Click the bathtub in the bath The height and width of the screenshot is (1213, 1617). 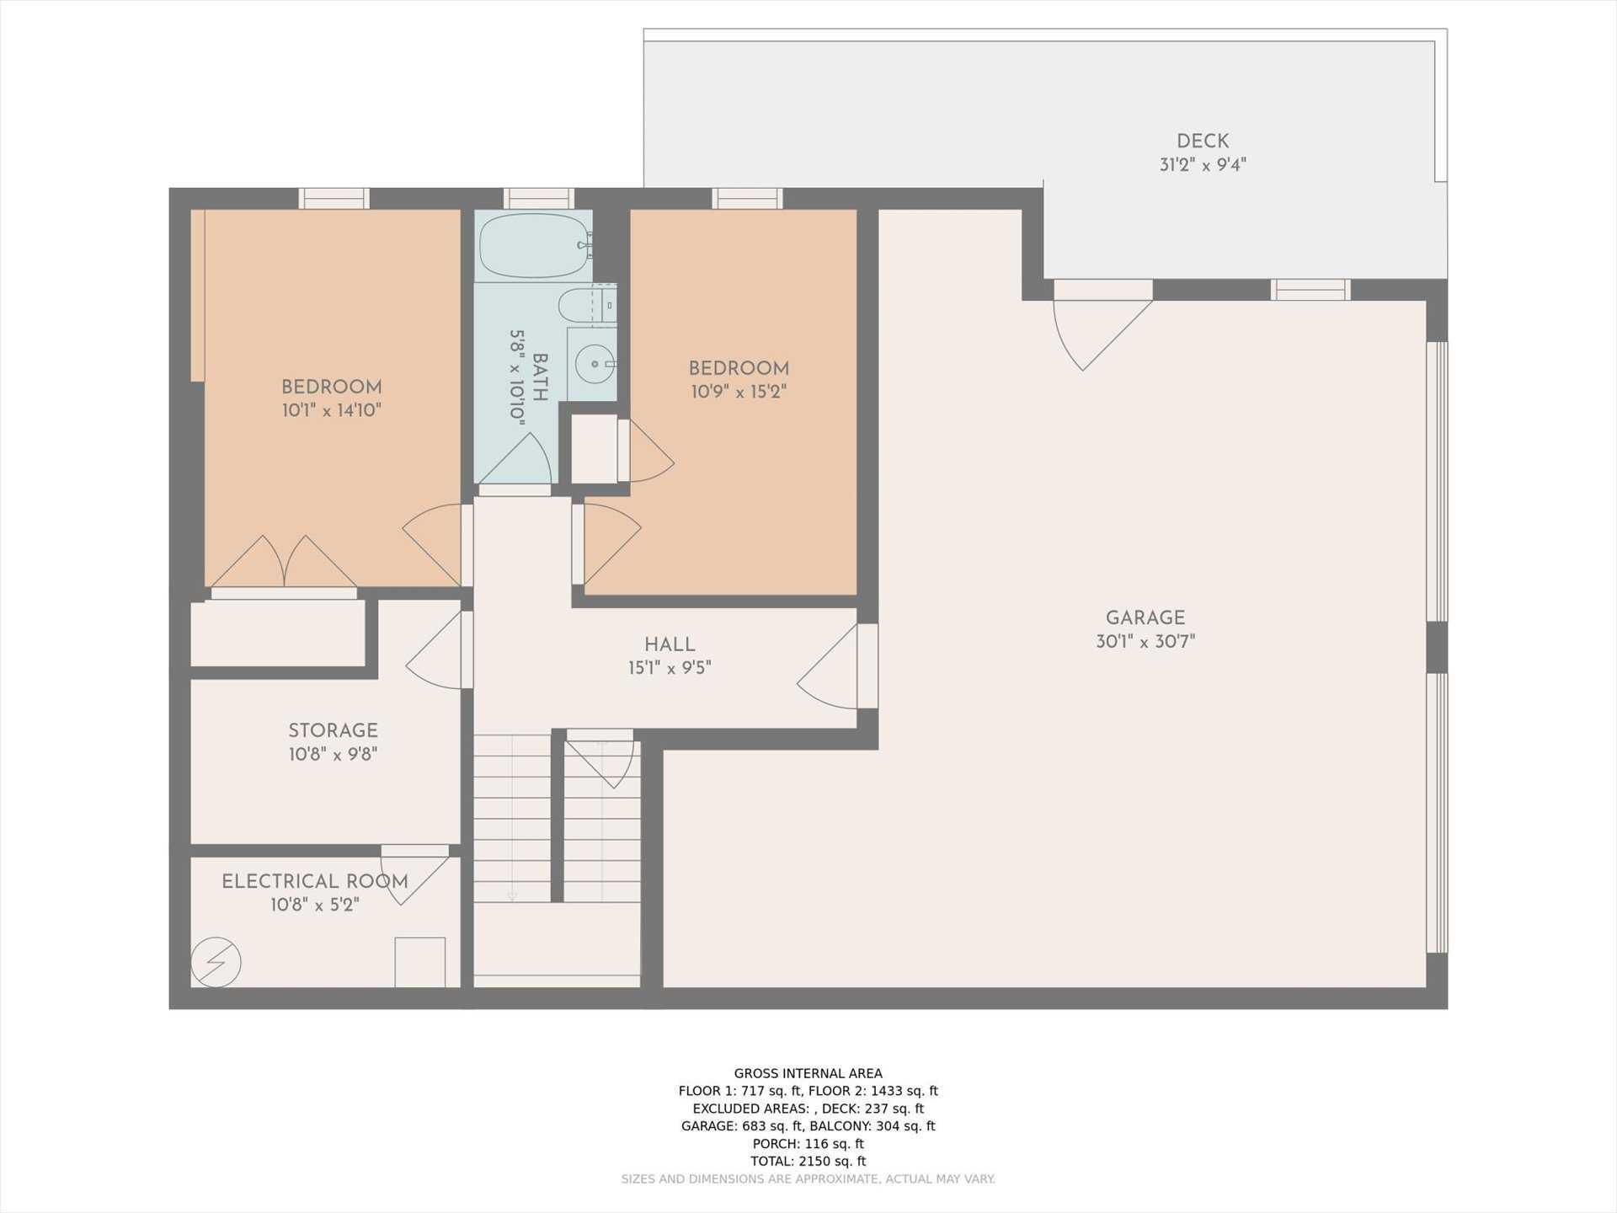(533, 246)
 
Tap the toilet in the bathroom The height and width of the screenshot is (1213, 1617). (581, 306)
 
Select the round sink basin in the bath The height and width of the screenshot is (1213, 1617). (595, 365)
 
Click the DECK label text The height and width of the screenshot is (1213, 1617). (1203, 142)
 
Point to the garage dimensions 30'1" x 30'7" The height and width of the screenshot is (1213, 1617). (1145, 642)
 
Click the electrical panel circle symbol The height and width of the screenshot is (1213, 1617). (216, 962)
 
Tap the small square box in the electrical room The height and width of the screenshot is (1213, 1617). (420, 962)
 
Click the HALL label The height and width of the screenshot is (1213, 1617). (670, 645)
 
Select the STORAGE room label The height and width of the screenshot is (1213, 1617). (333, 731)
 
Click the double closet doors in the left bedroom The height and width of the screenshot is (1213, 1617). (284, 563)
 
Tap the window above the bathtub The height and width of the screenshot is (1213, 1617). (539, 199)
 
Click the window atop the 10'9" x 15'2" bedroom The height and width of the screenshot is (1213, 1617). (747, 199)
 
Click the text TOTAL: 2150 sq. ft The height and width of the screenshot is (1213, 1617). (808, 1161)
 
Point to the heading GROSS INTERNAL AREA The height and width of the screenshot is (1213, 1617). (808, 1073)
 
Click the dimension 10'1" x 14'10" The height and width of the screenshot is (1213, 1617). (332, 411)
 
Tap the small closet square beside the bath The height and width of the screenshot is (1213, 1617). (594, 449)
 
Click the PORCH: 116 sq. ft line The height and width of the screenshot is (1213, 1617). (808, 1144)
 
